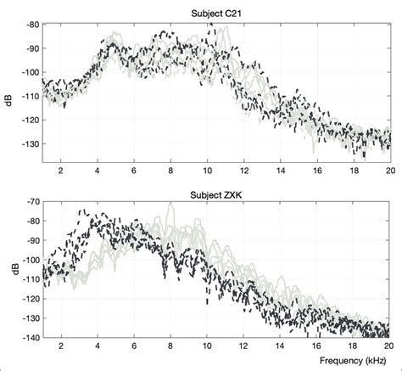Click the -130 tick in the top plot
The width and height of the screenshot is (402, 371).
[x=27, y=143]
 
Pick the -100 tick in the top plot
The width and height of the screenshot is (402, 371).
[x=27, y=72]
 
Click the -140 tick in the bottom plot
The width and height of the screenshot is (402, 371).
[x=27, y=337]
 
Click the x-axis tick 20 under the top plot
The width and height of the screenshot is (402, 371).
[x=389, y=168]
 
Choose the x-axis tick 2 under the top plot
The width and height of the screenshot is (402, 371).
[x=60, y=168]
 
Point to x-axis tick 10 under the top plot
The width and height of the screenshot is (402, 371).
[x=206, y=168]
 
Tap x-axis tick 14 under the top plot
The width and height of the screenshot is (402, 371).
[x=280, y=168]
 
